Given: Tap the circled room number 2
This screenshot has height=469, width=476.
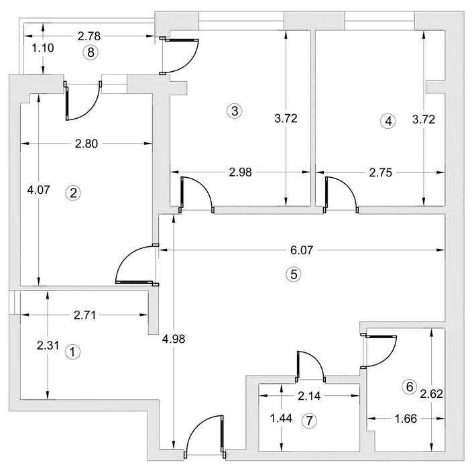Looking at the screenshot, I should point(73,193).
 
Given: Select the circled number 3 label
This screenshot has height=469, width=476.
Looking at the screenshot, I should point(233,111).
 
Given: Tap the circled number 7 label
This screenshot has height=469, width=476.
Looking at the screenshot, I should point(308,421).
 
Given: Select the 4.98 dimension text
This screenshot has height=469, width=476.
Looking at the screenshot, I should point(174,339).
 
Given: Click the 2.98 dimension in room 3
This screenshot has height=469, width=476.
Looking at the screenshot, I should point(241,172).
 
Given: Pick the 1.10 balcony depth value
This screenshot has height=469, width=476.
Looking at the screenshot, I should point(43,48).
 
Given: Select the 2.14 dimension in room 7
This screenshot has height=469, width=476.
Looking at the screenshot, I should point(308,397).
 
